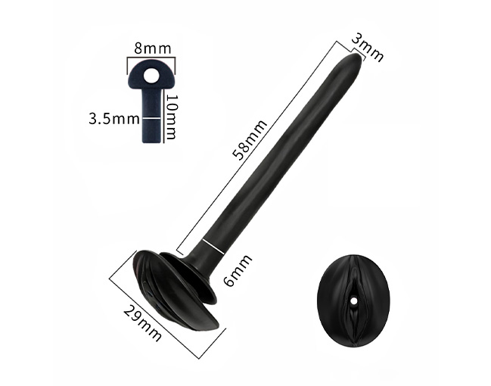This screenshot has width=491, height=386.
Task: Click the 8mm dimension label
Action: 153,49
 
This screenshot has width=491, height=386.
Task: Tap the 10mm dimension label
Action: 171,117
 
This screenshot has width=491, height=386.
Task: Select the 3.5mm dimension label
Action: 114,119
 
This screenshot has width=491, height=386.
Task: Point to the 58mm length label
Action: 250,140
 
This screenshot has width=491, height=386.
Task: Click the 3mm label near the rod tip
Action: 368,48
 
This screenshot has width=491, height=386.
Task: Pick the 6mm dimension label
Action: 238,270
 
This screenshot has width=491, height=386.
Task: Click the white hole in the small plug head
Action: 151,76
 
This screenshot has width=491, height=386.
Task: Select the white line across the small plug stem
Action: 152,118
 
